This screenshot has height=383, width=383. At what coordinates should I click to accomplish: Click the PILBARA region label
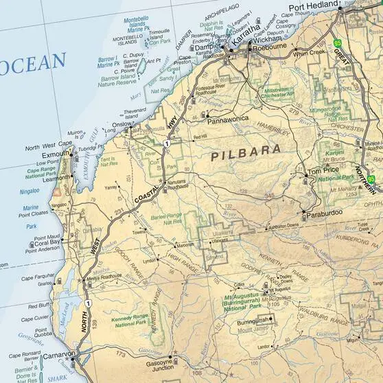(x=245, y=152)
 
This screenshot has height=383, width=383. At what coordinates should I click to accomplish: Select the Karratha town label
(x=244, y=28)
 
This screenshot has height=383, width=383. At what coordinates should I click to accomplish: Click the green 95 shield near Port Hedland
(x=337, y=43)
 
